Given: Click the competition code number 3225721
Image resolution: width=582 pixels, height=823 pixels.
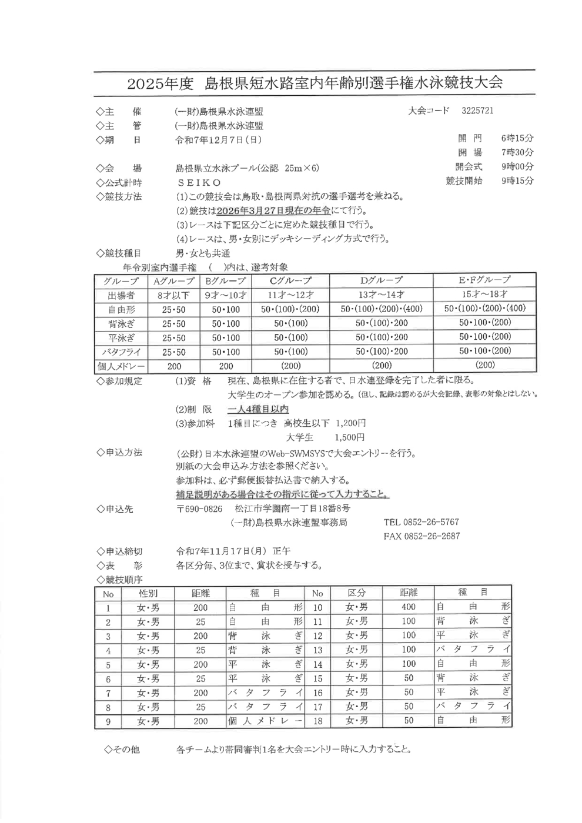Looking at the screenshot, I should pyautogui.click(x=477, y=111).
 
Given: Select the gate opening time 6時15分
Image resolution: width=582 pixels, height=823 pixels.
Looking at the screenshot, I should pyautogui.click(x=517, y=138).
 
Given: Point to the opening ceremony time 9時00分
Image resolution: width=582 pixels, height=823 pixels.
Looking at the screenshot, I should pyautogui.click(x=517, y=166).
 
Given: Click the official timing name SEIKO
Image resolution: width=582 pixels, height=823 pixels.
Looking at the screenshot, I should pyautogui.click(x=200, y=183).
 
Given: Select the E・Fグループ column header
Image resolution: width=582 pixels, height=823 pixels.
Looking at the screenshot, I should pyautogui.click(x=484, y=280).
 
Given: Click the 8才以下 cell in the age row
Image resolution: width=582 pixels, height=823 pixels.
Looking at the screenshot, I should pyautogui.click(x=173, y=295).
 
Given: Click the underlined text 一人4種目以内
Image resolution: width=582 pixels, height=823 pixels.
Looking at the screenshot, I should pyautogui.click(x=257, y=409).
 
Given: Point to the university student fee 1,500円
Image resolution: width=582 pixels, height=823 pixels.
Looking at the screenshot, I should pyautogui.click(x=349, y=437).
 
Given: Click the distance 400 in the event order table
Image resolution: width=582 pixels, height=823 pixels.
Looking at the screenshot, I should pyautogui.click(x=408, y=607).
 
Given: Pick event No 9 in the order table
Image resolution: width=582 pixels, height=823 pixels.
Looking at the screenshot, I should pyautogui.click(x=108, y=721).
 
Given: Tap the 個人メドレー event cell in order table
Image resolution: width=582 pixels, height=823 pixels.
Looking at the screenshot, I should pyautogui.click(x=265, y=721).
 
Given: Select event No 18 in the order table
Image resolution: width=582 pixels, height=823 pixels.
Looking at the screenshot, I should pyautogui.click(x=317, y=720).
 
